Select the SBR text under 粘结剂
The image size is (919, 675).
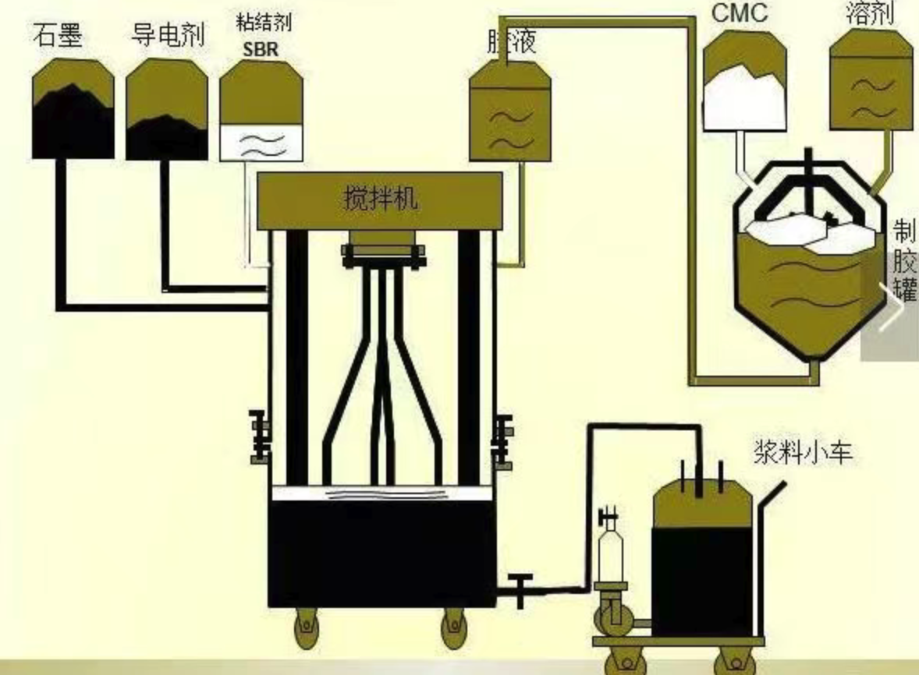click(x=261, y=49)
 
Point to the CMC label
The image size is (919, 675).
click(x=739, y=13)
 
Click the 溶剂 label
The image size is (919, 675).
click(x=869, y=13)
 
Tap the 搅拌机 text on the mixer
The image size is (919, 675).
click(x=380, y=198)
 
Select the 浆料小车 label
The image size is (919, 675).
click(x=803, y=452)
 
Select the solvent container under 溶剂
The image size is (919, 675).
click(x=870, y=84)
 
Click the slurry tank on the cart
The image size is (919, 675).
click(x=701, y=561)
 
